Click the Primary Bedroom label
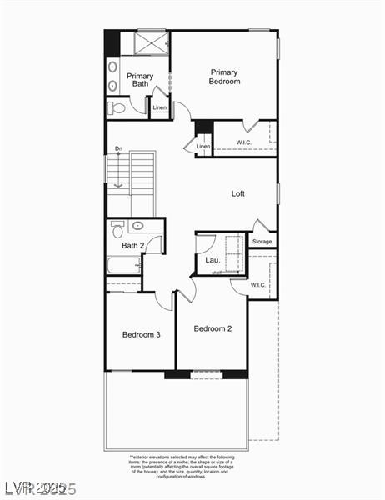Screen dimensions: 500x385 pos(224,77)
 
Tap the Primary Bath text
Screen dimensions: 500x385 pos(139,80)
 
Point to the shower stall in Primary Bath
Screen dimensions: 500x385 pos(152,42)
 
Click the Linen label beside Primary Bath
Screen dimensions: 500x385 pos(159,107)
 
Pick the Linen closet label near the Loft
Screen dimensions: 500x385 pos(203,147)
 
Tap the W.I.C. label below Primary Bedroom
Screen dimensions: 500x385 pos(244,142)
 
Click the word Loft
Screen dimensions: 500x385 pos(238,193)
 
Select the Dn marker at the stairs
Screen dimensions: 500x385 pos(118,149)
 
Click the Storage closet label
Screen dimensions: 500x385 pos(262,242)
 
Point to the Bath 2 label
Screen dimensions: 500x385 pos(133,246)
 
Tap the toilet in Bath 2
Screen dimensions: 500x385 pos(117,227)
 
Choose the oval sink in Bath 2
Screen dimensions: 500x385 pos(137,226)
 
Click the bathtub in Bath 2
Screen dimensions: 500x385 pos(123,267)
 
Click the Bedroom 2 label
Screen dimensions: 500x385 pos(212,328)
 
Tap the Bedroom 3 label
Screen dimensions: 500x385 pos(141,334)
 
